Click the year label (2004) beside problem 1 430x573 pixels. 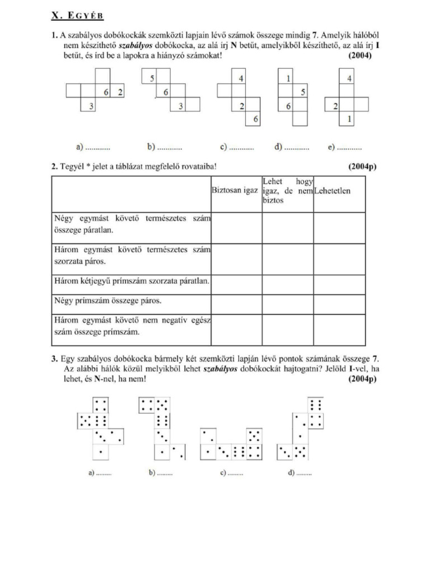tap(359, 55)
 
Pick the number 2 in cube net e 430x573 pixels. tap(334, 105)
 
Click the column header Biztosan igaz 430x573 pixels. tap(235, 191)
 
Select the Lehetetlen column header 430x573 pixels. tap(333, 191)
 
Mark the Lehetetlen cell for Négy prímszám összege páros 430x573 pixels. tap(339, 301)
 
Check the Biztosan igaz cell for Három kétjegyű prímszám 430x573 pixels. tap(236, 281)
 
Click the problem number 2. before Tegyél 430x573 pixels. tap(55, 166)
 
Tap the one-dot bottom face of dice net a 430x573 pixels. tap(100, 450)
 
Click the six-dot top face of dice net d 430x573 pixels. tap(315, 405)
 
